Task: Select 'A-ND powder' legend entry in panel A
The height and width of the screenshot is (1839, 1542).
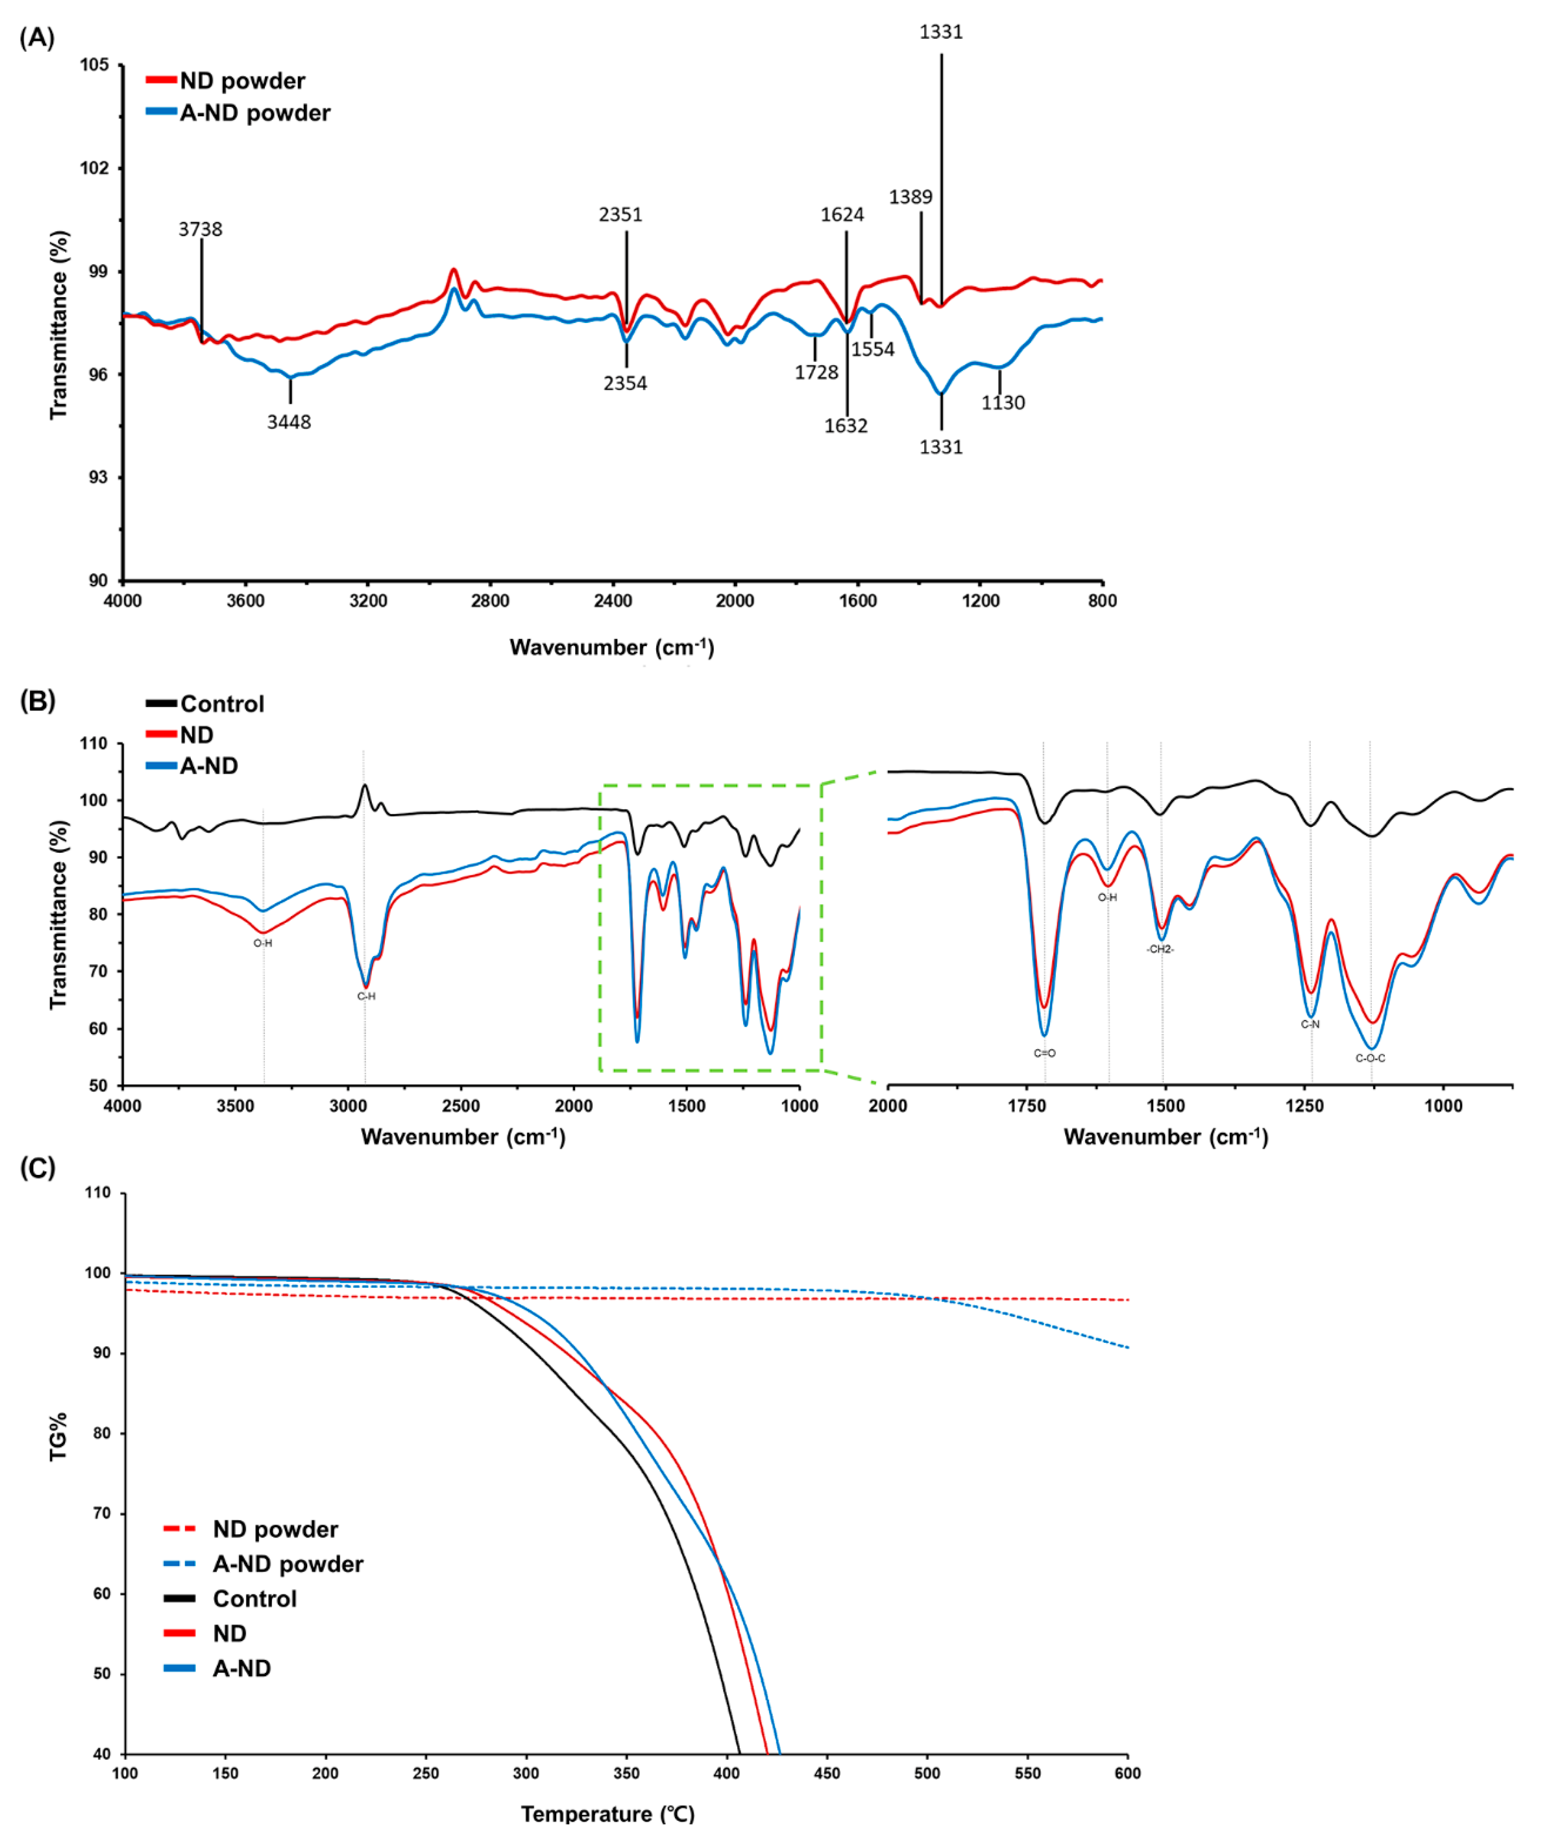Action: (254, 113)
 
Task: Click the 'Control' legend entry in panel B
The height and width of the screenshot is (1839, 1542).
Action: (221, 704)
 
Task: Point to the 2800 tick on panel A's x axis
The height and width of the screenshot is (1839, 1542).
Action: (490, 601)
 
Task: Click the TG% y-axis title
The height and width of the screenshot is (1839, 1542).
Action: (58, 1436)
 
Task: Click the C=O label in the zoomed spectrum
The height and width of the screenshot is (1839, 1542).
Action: (1044, 1053)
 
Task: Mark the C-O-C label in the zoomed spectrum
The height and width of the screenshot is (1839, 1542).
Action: (1370, 1058)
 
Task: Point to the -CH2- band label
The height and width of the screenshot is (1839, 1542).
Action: (1160, 949)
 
